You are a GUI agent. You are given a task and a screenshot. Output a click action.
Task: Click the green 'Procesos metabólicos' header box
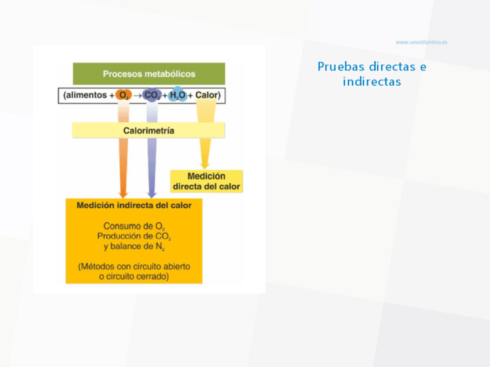coord(149,74)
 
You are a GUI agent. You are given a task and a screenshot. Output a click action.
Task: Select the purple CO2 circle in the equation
coord(152,95)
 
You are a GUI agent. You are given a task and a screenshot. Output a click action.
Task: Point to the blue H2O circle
coord(177,95)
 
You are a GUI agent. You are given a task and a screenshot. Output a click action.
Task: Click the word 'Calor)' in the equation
coord(208,95)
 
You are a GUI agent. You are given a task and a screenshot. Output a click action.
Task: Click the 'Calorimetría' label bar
coord(149,130)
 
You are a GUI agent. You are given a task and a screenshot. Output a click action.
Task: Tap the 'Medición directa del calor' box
coord(206,181)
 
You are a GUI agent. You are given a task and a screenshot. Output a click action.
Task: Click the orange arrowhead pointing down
coord(122,193)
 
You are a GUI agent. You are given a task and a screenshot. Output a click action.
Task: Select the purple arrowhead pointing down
coord(151,193)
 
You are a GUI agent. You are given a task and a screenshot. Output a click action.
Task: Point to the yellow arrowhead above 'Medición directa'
coord(205,164)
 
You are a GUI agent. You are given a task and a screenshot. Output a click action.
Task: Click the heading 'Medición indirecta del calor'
coord(134,205)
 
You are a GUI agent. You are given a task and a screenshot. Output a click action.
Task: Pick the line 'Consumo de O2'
coord(135,226)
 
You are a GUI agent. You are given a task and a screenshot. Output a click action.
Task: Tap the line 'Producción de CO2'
coord(134,237)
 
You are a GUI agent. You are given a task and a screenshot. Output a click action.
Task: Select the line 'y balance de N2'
coord(134,247)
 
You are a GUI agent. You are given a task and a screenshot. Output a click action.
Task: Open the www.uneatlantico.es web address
coord(421,42)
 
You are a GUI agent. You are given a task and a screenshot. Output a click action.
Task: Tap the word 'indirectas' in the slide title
coord(372,81)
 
